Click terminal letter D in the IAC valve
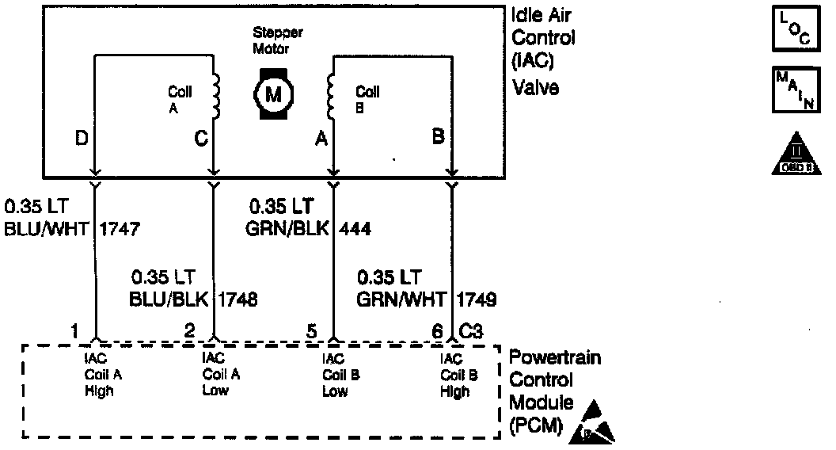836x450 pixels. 82,139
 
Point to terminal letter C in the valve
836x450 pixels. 200,139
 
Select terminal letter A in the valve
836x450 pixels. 321,139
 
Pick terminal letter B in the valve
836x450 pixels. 438,136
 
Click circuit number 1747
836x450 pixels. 120,230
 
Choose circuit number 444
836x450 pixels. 355,230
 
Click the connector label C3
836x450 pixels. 472,333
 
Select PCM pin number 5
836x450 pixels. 313,333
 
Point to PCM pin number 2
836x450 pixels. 189,333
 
